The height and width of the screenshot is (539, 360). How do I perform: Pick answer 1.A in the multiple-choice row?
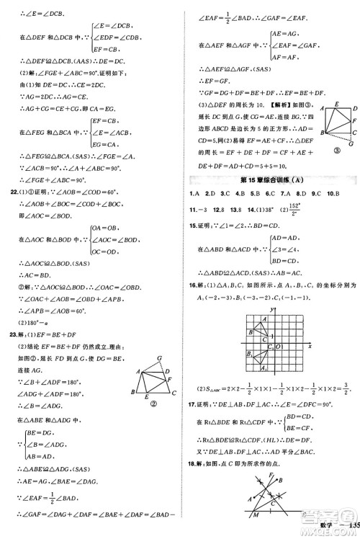[193, 195]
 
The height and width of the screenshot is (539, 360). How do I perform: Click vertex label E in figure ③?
[335, 104]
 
